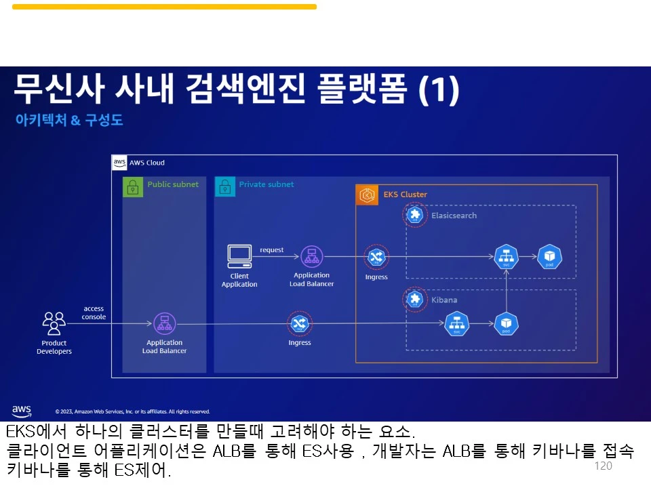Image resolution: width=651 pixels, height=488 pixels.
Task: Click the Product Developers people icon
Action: coord(54,323)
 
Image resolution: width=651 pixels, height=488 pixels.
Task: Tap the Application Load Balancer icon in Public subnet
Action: coord(164,324)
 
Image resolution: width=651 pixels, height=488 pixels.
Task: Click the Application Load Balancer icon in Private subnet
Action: coord(311,257)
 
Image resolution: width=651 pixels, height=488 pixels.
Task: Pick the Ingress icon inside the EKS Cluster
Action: coord(376,257)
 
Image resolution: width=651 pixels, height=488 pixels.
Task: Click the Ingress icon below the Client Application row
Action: coord(299,324)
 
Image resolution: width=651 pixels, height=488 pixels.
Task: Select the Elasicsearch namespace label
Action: coord(454,216)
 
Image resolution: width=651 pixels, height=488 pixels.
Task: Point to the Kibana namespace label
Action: coord(444,300)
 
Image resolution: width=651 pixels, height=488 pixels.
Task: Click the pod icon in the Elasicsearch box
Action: coord(549,257)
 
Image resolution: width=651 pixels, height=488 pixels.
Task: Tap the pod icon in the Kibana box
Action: coord(506,324)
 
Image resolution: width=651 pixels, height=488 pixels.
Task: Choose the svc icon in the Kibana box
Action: coord(457,324)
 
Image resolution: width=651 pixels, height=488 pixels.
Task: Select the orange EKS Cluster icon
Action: coord(367,195)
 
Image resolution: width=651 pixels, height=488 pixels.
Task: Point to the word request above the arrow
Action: coord(272,250)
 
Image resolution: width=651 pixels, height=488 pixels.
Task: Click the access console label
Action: coord(94,312)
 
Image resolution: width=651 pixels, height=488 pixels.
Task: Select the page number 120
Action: coord(602,466)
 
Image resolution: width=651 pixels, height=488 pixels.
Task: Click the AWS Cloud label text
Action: coord(146,163)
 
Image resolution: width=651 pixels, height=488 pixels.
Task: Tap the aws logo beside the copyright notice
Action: coord(22,411)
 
